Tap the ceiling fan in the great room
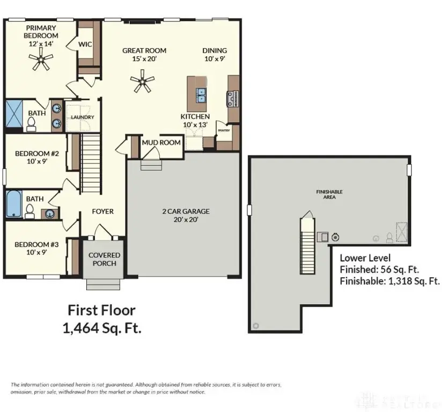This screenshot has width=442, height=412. [143, 82]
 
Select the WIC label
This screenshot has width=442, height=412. [85, 44]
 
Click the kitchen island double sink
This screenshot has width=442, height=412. [202, 96]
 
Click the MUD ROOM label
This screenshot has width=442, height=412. [161, 143]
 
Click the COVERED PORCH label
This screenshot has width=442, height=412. [104, 259]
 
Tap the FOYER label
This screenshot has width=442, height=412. [102, 211]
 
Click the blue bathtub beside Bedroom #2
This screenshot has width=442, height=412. [13, 204]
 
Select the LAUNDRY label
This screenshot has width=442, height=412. [83, 117]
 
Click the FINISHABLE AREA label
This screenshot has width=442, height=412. [329, 194]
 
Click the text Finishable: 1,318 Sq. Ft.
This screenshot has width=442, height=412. [390, 281]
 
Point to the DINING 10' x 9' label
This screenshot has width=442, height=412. [215, 55]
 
